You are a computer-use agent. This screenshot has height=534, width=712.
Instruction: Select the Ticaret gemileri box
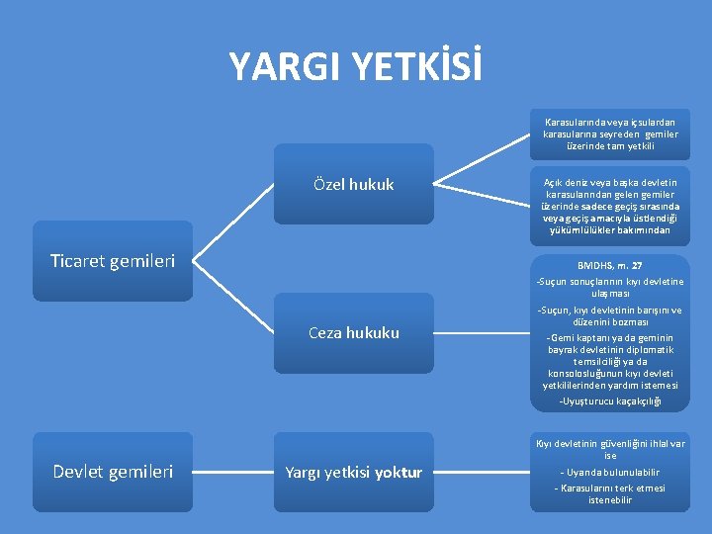click(112, 262)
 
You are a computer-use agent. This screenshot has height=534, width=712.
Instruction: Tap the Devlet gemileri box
click(112, 472)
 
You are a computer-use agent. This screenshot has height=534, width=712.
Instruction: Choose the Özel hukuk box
click(353, 184)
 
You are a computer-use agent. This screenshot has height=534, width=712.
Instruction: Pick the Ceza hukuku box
click(353, 333)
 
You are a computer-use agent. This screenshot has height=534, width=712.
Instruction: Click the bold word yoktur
click(399, 473)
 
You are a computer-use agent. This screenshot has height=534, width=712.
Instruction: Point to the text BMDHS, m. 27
click(609, 266)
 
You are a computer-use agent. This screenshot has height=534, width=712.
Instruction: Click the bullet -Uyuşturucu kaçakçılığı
click(609, 400)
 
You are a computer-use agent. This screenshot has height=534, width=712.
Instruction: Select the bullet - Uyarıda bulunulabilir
click(609, 472)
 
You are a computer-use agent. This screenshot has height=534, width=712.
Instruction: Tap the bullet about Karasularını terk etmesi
click(609, 493)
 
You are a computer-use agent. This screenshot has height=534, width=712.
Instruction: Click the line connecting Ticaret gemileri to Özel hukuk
click(231, 223)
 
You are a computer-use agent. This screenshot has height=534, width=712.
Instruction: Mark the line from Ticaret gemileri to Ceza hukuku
click(231, 298)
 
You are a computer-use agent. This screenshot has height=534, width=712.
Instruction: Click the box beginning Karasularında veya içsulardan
click(609, 133)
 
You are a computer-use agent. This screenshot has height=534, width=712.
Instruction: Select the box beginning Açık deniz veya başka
click(609, 207)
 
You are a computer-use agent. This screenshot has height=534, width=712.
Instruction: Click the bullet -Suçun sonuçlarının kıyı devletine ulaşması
click(609, 287)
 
